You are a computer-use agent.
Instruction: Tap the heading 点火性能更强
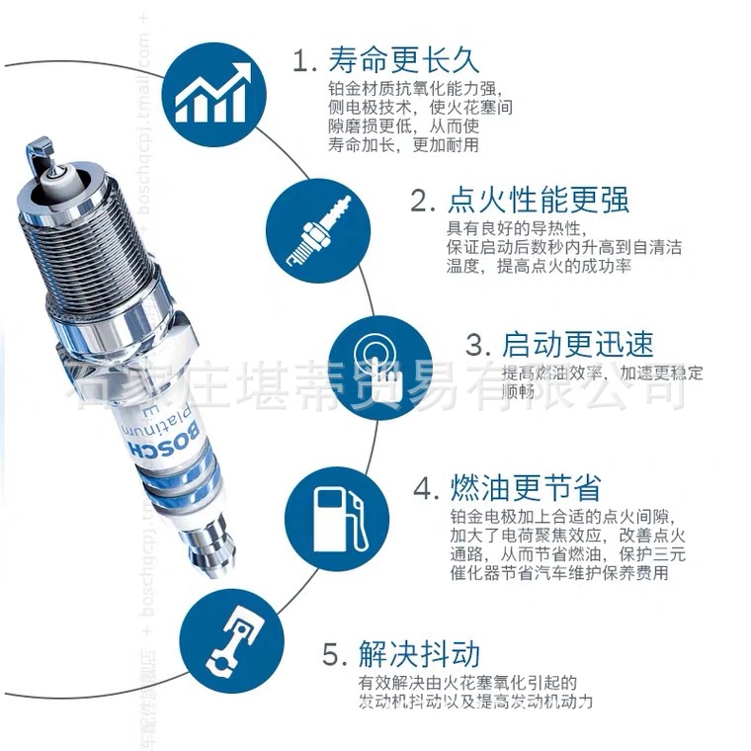coord(539,201)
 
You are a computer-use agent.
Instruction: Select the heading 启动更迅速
coord(578,344)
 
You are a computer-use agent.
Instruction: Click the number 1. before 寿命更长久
coord(303,61)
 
